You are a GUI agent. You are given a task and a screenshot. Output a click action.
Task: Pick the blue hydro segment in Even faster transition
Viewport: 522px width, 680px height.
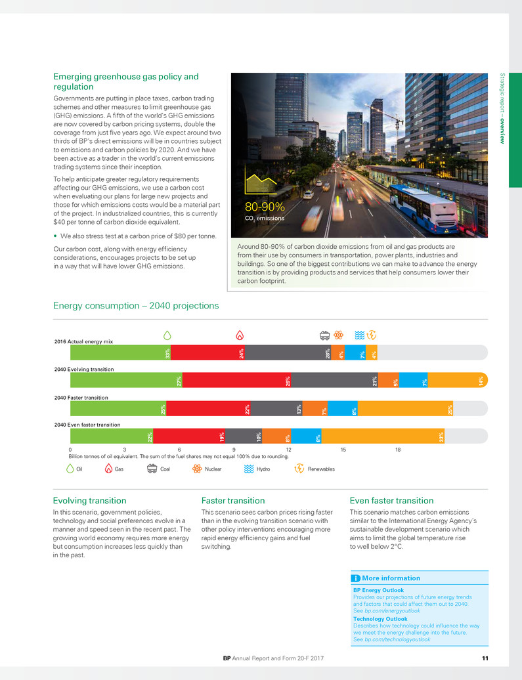point(305,436)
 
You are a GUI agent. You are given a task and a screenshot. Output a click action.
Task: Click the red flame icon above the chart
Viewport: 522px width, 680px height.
point(240,335)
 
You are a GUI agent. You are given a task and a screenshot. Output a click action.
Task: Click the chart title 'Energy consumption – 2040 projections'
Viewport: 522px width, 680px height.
point(136,306)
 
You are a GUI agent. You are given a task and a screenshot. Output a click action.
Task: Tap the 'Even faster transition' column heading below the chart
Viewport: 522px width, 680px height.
point(392,500)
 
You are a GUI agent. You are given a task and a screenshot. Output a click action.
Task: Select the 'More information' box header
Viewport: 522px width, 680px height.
point(391,578)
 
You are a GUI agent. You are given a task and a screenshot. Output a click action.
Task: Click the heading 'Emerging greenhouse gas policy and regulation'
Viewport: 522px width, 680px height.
point(125,81)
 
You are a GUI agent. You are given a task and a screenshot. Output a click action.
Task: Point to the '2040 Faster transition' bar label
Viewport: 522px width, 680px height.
point(81,397)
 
